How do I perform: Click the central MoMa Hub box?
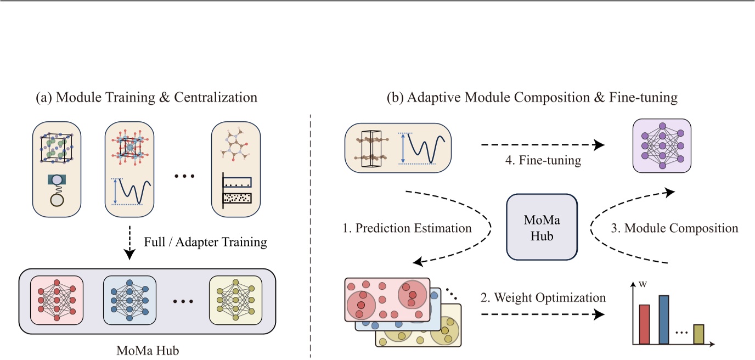coord(542,227)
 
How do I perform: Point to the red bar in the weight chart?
coord(644,324)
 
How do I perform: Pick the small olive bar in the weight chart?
coord(698,334)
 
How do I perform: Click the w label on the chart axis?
coord(642,285)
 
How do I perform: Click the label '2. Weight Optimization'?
coord(542,298)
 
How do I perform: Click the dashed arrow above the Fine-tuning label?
coord(542,145)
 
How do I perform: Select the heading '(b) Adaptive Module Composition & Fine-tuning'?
coord(532,98)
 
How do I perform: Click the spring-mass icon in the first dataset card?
coord(57,189)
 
